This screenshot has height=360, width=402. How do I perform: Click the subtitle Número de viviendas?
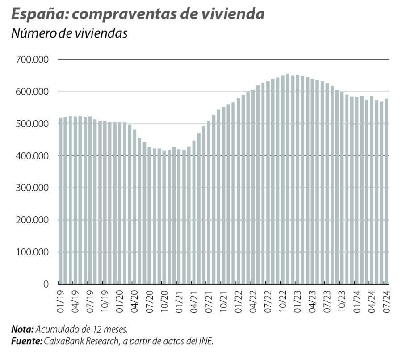[x=69, y=33]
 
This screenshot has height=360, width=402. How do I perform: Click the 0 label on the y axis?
[x=46, y=284]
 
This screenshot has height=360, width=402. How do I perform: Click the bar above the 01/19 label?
[x=61, y=201]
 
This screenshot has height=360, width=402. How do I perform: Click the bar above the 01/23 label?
[x=297, y=179]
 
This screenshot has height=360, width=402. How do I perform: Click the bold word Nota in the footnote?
[x=22, y=330]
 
